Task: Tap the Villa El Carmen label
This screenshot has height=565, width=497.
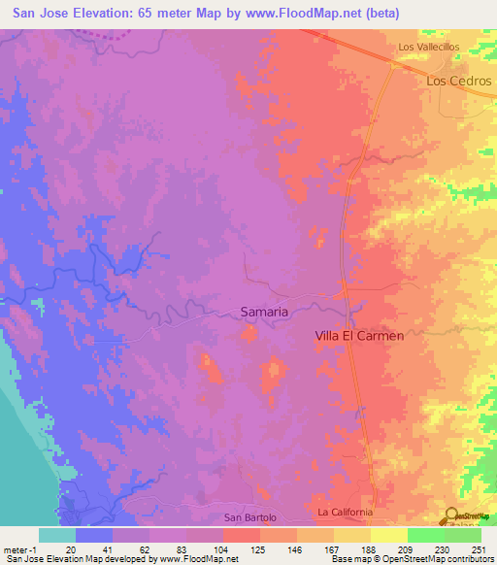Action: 359,335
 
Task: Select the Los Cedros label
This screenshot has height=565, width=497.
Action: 459,81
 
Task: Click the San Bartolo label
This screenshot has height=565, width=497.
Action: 250,517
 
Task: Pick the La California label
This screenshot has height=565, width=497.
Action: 346,512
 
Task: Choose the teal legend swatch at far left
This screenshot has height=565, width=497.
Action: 57,534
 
